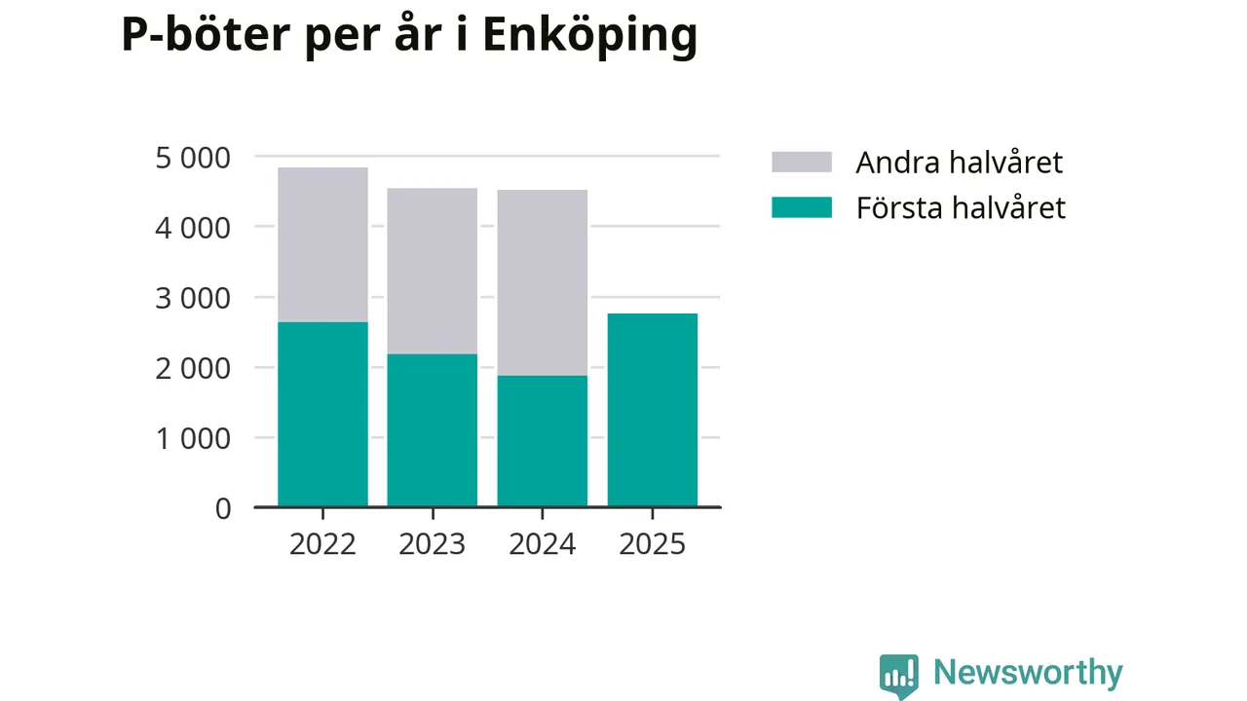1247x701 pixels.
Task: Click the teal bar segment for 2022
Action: click(x=322, y=414)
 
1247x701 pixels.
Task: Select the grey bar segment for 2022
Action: click(x=322, y=244)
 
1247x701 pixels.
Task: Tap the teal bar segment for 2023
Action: click(x=432, y=430)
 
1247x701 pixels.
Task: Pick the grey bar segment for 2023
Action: click(x=432, y=271)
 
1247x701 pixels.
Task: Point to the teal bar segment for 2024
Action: click(x=542, y=441)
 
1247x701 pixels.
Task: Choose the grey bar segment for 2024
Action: click(x=542, y=282)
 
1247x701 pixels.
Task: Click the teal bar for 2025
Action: click(x=652, y=410)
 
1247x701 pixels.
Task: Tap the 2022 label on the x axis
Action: click(x=322, y=543)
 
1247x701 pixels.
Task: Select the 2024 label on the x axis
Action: click(x=542, y=543)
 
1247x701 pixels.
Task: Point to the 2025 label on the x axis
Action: click(x=652, y=543)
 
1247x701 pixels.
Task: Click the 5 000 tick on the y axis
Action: click(x=193, y=157)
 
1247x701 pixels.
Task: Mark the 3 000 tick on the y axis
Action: click(x=193, y=298)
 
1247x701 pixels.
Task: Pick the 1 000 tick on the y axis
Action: click(x=193, y=438)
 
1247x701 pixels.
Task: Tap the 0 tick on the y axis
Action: click(x=223, y=508)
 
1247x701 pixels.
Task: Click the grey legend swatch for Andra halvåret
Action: click(x=801, y=162)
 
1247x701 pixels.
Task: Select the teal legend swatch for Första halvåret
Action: click(x=801, y=207)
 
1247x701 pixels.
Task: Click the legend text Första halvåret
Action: click(x=960, y=207)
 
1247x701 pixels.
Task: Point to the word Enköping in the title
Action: click(x=589, y=36)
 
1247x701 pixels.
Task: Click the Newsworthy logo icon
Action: click(x=898, y=675)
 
